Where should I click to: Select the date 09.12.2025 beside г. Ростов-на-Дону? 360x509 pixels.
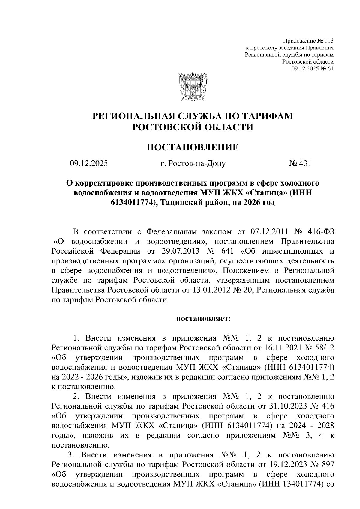89,164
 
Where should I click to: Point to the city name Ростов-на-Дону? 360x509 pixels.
197,164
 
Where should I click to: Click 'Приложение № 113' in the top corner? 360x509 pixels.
309,41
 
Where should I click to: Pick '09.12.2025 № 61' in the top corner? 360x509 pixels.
313,69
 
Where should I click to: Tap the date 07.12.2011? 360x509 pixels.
268,232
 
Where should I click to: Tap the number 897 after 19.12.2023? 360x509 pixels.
327,465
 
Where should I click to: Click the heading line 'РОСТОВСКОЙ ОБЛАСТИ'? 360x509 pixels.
193,127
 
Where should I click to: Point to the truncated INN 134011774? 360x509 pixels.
300,484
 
